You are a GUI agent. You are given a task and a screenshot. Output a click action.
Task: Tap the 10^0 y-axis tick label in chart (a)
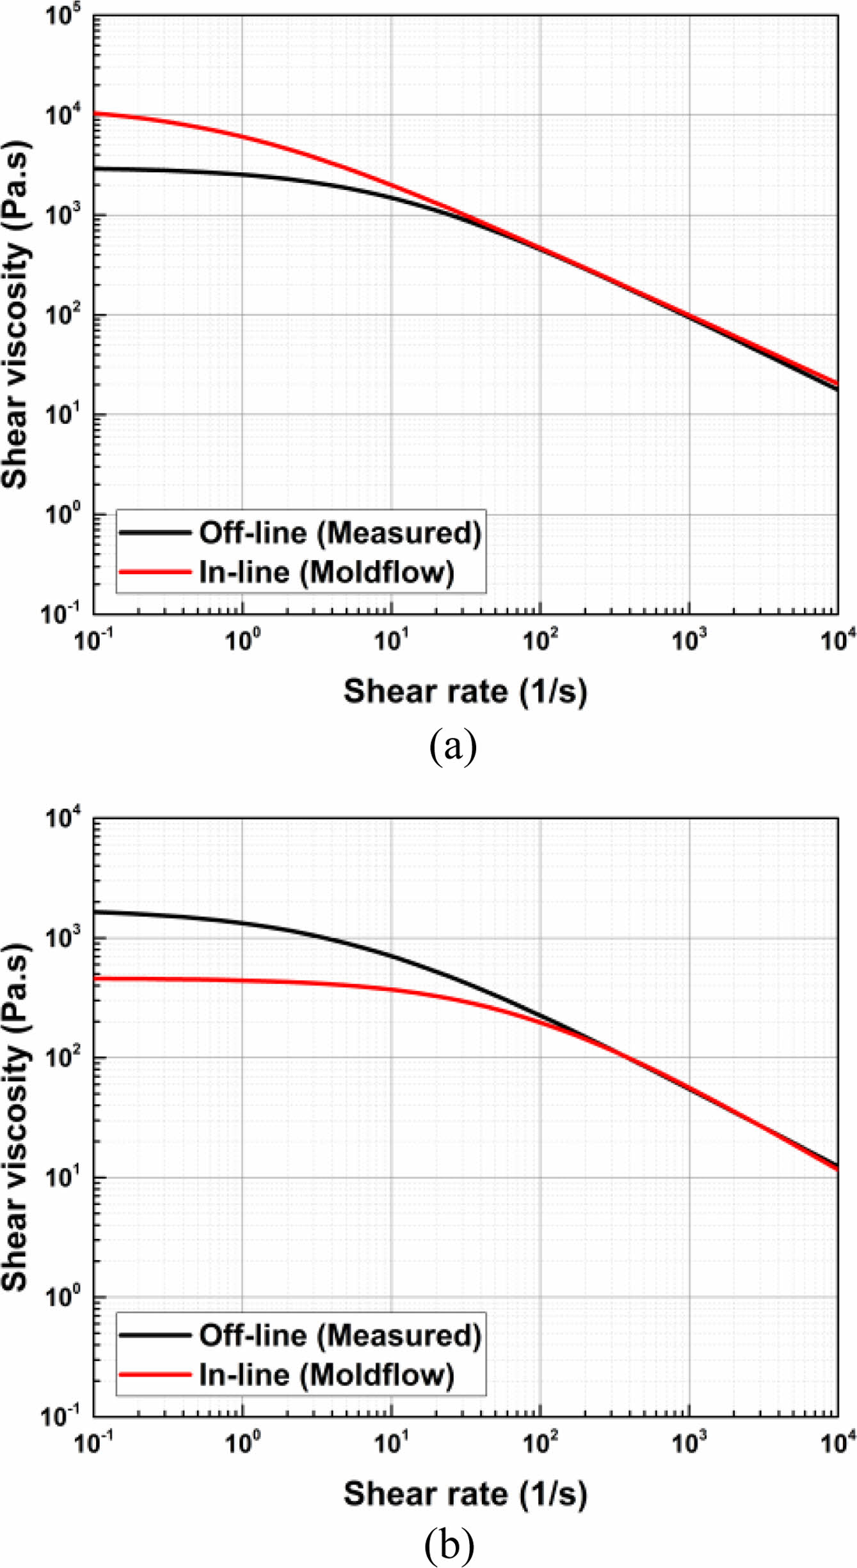62,513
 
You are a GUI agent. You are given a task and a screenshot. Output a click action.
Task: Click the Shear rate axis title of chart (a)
465,691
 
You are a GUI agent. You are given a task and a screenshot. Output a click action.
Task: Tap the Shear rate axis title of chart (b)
465,1493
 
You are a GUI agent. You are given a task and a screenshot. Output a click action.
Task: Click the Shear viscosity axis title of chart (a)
15,314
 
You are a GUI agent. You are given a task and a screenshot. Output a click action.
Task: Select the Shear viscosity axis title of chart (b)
15,1117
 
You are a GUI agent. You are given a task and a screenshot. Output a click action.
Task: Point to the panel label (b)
449,1544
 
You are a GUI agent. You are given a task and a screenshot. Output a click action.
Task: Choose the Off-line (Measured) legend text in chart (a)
340,532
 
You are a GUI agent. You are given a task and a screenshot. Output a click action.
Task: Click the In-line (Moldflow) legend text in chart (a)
326,572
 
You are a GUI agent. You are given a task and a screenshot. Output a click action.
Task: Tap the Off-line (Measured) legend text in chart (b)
340,1335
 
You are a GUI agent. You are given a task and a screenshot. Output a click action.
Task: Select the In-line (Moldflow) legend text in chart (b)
326,1374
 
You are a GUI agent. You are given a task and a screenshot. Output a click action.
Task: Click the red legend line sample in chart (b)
155,1374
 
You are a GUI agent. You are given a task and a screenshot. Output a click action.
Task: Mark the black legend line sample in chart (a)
155,532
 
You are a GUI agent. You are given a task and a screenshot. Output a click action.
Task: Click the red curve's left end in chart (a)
95,113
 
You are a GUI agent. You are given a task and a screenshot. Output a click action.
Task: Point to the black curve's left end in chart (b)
95,911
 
